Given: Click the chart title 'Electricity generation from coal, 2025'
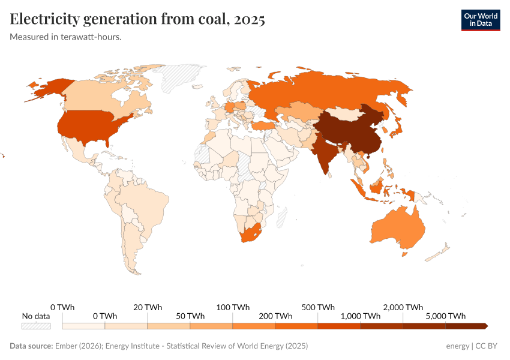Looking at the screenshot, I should (137, 20).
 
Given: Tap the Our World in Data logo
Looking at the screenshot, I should (480, 20).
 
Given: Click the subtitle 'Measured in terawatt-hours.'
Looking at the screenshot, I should (66, 37).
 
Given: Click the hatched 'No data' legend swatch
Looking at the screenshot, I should (36, 326).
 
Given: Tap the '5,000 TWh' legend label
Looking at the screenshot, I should (445, 316).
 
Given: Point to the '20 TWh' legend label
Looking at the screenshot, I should (148, 307).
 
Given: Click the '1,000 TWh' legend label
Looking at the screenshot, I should (361, 316).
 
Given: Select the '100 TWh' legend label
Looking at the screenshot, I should (232, 307).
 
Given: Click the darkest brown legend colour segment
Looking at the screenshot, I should (465, 326).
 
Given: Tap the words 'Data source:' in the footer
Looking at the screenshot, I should (31, 346).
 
